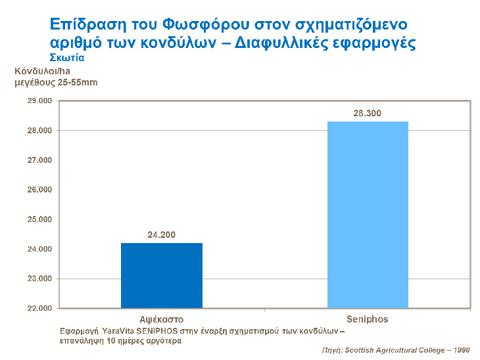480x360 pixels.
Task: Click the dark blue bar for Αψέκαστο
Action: (162, 275)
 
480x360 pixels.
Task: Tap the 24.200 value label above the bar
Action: (162, 235)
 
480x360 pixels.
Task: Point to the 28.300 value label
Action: (367, 113)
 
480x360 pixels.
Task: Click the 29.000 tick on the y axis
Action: (37, 101)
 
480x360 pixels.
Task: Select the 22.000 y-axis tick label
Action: (37, 308)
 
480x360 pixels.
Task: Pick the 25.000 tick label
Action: (37, 219)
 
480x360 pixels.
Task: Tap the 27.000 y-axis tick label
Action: (37, 160)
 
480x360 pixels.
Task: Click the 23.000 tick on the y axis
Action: (37, 279)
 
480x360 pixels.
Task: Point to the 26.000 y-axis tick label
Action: (37, 190)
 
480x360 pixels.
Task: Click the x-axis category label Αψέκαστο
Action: (161, 319)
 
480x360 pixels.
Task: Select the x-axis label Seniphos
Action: (367, 319)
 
